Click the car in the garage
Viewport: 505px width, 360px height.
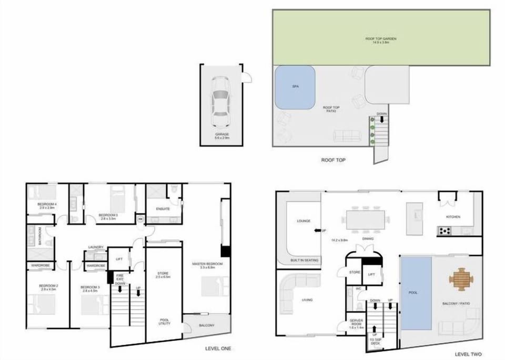point(221,101)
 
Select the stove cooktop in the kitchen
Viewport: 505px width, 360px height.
point(445,230)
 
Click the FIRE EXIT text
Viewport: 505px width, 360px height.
point(119,276)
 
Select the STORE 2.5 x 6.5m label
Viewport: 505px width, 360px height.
point(163,274)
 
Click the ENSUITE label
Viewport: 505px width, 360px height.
point(163,209)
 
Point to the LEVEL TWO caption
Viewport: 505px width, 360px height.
point(468,354)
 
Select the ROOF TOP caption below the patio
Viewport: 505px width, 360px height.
point(333,160)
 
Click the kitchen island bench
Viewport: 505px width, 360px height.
point(415,219)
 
